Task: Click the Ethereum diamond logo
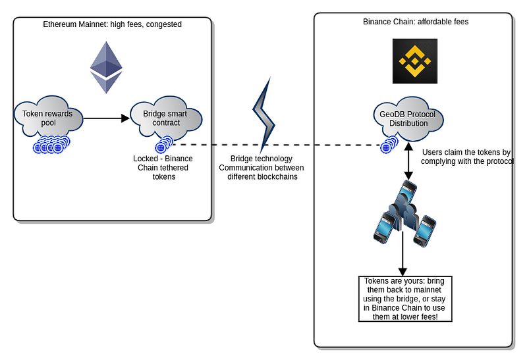coord(106,67)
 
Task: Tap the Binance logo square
coord(415,61)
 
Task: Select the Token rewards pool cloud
coord(47,118)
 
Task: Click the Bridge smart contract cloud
coord(165,118)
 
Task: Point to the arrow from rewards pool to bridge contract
coord(107,118)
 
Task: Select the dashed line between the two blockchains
coord(277,145)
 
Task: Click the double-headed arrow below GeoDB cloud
coord(408,161)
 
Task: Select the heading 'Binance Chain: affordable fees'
coord(415,22)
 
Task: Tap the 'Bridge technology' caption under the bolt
coord(261,168)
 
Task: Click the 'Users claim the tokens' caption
coord(466,157)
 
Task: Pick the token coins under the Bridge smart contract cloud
coord(163,145)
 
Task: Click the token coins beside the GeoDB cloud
coord(389,145)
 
